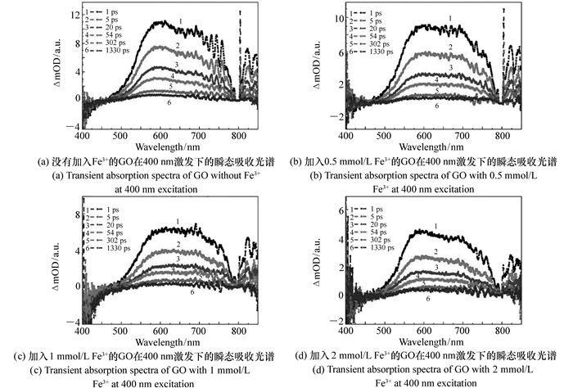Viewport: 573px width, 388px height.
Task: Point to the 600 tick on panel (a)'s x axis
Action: [x=160, y=135]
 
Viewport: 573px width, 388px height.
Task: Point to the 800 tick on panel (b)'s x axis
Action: [x=501, y=135]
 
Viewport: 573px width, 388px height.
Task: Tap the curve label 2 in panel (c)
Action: [x=179, y=244]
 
